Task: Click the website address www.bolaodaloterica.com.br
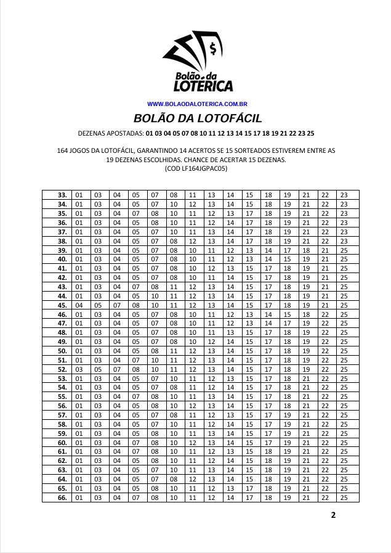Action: click(197, 105)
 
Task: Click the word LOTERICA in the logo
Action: click(203, 86)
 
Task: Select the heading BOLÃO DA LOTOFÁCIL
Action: click(197, 118)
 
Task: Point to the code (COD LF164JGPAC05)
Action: click(196, 168)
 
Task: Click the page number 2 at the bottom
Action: click(333, 515)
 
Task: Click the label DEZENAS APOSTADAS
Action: click(111, 133)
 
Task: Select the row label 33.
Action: click(62, 195)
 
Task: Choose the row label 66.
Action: click(62, 497)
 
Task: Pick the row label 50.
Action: click(62, 351)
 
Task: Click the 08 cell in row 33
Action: click(174, 195)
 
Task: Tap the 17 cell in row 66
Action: click(249, 497)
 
